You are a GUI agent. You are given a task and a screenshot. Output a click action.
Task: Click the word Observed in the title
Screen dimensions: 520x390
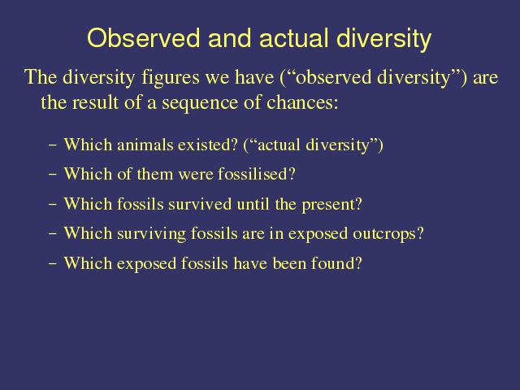click(x=143, y=38)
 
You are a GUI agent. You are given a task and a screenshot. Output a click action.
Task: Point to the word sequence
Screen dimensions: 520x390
click(x=200, y=103)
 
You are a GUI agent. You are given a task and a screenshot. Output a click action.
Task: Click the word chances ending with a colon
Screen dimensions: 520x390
click(x=302, y=102)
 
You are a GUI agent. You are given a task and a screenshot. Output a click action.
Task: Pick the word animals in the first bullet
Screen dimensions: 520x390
click(x=145, y=145)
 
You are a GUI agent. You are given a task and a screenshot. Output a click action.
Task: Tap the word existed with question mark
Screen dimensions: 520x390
click(x=208, y=145)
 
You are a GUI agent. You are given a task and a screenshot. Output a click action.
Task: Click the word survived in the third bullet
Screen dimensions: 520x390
click(x=200, y=204)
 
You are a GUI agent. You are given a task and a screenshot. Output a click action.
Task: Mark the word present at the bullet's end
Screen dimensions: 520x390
click(x=332, y=205)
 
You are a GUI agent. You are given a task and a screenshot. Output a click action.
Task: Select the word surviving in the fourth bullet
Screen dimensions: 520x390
click(x=151, y=234)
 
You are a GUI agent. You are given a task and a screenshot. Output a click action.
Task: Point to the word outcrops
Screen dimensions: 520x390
click(x=388, y=234)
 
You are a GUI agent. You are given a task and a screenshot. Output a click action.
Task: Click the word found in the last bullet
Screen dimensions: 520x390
click(x=336, y=263)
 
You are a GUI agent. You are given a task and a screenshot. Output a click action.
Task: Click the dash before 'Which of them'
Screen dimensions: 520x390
click(x=52, y=175)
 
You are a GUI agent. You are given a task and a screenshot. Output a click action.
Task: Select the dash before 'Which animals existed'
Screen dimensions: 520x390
click(x=52, y=145)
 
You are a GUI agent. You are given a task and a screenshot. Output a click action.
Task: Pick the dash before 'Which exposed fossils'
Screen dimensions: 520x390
click(x=52, y=264)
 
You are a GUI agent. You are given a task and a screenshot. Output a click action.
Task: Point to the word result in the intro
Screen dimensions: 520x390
click(x=96, y=102)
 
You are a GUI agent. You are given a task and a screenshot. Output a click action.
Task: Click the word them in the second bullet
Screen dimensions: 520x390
click(x=155, y=174)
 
